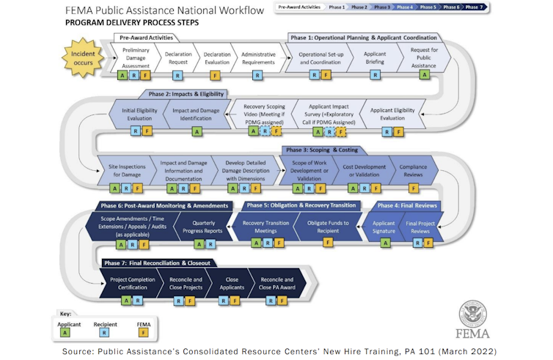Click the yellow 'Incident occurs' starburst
point(82,58)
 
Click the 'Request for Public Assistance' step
point(425,58)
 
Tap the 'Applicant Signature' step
point(384,227)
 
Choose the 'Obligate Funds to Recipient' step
point(327,227)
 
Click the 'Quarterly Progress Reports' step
point(208,227)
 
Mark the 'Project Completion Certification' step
point(132,283)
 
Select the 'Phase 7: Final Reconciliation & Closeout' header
point(157,262)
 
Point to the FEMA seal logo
point(473,313)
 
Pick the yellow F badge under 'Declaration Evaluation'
point(215,76)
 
